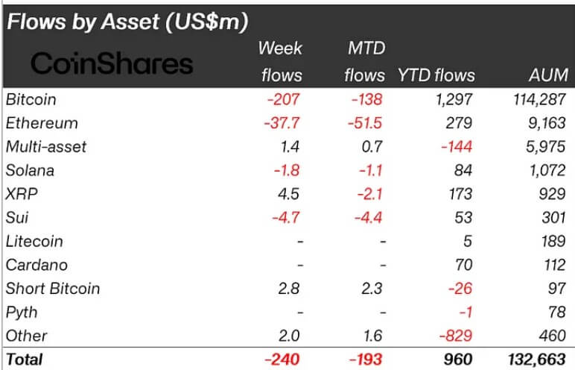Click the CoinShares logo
coord(111,63)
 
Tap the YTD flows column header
coord(436,75)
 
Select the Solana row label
coord(30,170)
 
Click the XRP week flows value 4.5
coord(290,194)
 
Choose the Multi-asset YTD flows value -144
coord(455,147)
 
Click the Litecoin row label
coord(34,242)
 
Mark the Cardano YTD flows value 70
coord(463,265)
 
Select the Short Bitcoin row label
coord(52,289)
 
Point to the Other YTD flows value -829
coord(455,336)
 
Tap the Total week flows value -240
coord(284,360)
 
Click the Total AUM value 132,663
coord(536,360)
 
